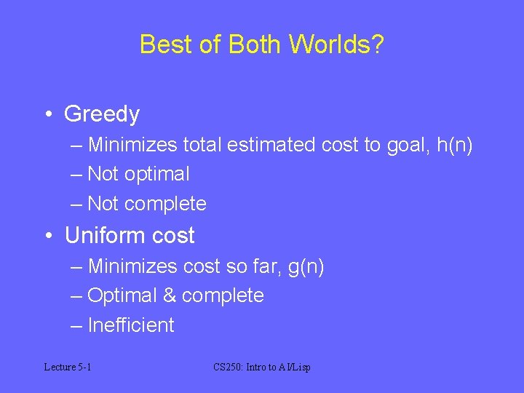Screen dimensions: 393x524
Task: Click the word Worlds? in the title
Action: coord(336,44)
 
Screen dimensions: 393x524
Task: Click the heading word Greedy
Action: coord(102,114)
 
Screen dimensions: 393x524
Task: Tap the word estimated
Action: coord(271,146)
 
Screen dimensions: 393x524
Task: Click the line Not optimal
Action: coord(138,175)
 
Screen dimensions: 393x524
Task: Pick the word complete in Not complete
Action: coord(165,205)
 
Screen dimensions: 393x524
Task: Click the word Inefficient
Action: coord(131,325)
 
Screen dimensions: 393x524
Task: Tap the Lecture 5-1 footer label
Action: coord(67,368)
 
